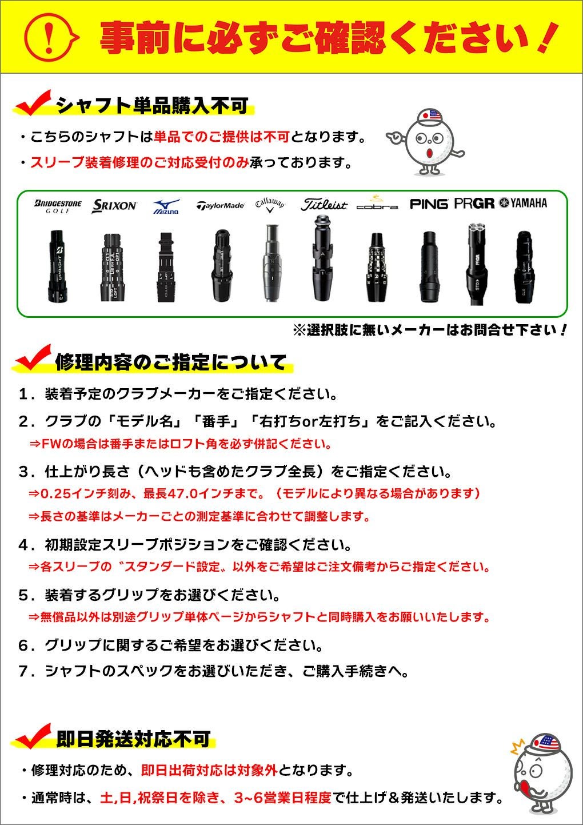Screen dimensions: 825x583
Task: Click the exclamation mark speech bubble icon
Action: click(x=50, y=37)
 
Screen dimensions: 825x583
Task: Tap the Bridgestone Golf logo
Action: click(x=58, y=206)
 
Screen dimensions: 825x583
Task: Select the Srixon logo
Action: click(x=114, y=206)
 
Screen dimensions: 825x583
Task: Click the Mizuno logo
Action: click(x=166, y=206)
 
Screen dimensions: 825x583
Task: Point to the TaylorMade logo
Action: click(x=220, y=206)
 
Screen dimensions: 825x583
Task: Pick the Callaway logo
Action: click(x=269, y=205)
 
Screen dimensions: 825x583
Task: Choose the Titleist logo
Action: click(x=324, y=205)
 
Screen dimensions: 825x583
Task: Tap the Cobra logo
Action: click(x=377, y=204)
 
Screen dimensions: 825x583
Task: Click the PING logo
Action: click(x=429, y=204)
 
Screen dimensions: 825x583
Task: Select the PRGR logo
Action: click(x=474, y=204)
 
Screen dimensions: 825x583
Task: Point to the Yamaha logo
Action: click(x=523, y=203)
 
